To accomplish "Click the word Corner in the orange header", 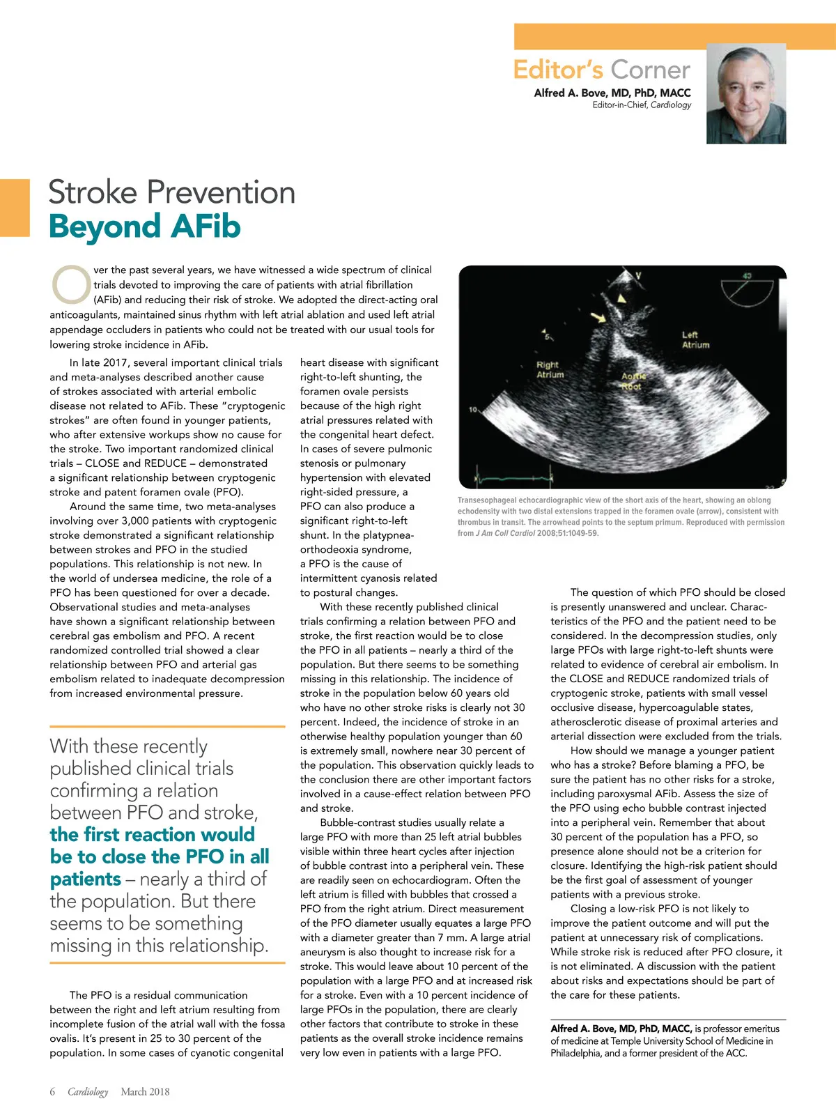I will tap(651, 70).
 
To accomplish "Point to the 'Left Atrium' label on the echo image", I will tap(695, 340).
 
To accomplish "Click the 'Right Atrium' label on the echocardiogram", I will tap(549, 369).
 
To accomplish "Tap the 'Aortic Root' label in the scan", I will tap(633, 381).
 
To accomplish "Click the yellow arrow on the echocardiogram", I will tap(598, 318).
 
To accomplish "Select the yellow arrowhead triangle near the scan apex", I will tap(622, 299).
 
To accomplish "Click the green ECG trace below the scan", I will tap(512, 478).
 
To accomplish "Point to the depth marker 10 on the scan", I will tap(473, 409).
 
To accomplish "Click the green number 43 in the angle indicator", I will tap(748, 275).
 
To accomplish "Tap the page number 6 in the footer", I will tap(52, 1091).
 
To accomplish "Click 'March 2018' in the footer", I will tap(145, 1091).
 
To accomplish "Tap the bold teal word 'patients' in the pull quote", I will tap(85, 879).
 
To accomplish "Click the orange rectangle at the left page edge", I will tap(15, 208).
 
